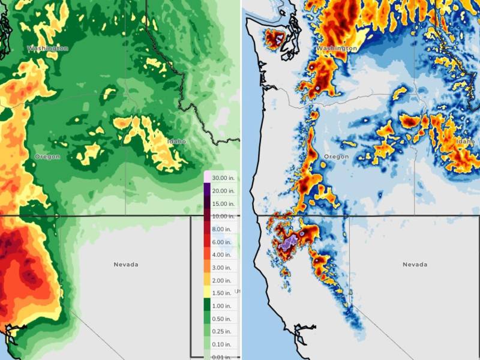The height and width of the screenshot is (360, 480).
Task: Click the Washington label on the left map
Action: pyautogui.click(x=47, y=47)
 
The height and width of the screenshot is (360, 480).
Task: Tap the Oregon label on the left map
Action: pyautogui.click(x=47, y=157)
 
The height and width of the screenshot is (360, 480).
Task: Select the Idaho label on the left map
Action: pyautogui.click(x=177, y=141)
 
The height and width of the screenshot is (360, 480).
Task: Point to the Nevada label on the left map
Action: pyautogui.click(x=126, y=264)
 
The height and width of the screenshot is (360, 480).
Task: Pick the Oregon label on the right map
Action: pyautogui.click(x=336, y=157)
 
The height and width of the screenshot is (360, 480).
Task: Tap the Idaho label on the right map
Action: pyautogui.click(x=465, y=141)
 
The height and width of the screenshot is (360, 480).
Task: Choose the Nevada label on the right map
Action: pyautogui.click(x=415, y=264)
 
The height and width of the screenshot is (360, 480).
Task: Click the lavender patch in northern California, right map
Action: pyautogui.click(x=289, y=243)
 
